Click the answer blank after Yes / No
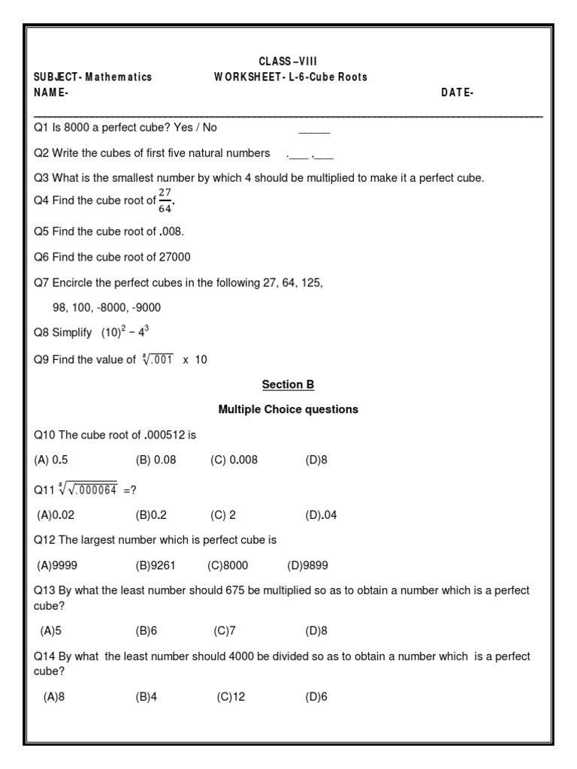pyautogui.click(x=314, y=130)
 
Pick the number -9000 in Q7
pyautogui.click(x=144, y=307)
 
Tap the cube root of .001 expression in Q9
pyautogui.click(x=157, y=359)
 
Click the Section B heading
pyautogui.click(x=288, y=384)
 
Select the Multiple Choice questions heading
pyautogui.click(x=288, y=409)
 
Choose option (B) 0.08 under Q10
pyautogui.click(x=156, y=460)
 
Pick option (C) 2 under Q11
pyautogui.click(x=223, y=514)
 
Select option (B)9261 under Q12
pyautogui.click(x=156, y=565)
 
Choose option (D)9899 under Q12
pyautogui.click(x=308, y=565)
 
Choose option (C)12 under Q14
pyautogui.click(x=231, y=697)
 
